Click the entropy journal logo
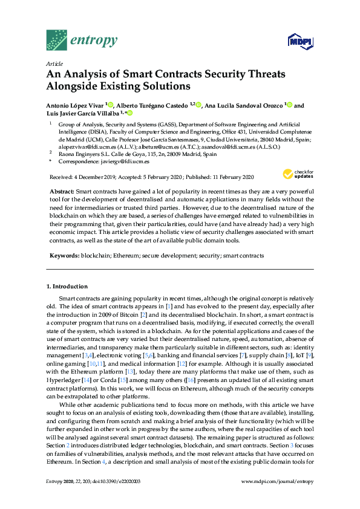tap(81, 40)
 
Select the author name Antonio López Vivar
tap(75, 105)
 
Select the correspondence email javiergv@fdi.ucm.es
tap(128, 162)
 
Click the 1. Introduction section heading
tap(67, 285)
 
